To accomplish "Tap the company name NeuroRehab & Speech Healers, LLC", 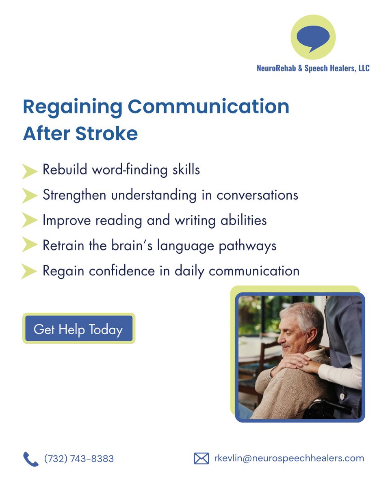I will pos(313,68).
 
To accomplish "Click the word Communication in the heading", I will pos(208,107).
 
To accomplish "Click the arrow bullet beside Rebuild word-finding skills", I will pos(30,171).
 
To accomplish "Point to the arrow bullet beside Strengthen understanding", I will pos(30,196).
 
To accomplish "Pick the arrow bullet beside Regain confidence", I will pos(30,271).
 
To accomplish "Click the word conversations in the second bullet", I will pos(257,195).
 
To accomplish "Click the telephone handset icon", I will pos(30,459).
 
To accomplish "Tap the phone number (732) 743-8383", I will pos(79,459).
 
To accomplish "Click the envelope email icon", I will pos(201,459).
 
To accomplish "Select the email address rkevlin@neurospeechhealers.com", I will pos(289,458).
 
